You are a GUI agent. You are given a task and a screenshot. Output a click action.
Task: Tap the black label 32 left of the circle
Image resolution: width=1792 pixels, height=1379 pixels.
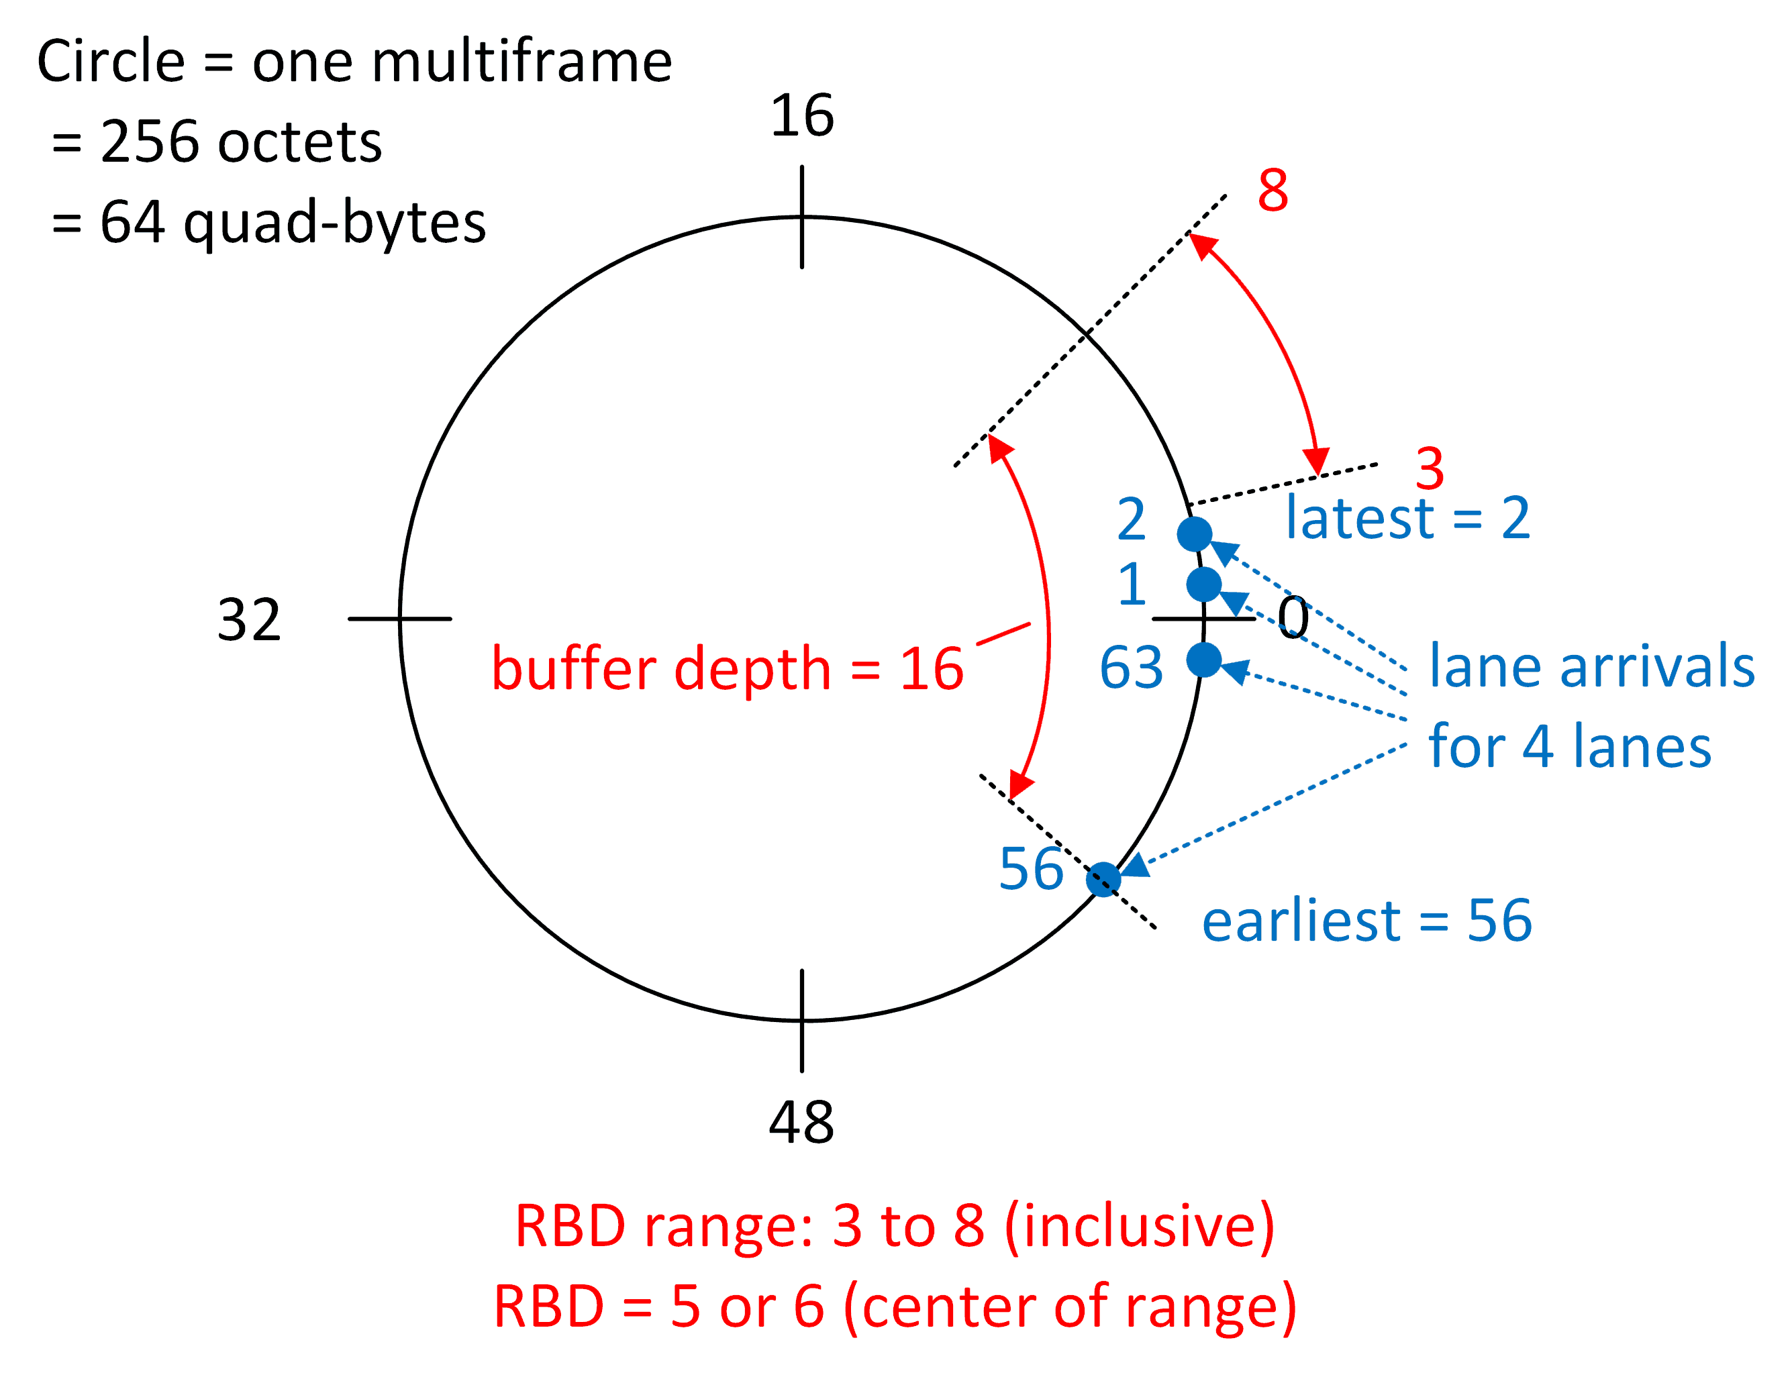(x=248, y=619)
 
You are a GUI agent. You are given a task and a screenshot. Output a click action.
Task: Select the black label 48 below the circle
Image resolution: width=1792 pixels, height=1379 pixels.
(x=801, y=1122)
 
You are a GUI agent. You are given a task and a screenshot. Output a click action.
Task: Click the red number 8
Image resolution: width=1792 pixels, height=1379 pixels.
(x=1273, y=191)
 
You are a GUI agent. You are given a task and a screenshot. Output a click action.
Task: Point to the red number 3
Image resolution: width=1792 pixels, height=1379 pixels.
(x=1430, y=468)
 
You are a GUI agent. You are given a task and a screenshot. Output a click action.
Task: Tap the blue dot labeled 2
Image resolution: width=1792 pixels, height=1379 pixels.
(x=1194, y=534)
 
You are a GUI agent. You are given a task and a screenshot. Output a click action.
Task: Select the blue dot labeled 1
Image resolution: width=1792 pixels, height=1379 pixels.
(x=1203, y=584)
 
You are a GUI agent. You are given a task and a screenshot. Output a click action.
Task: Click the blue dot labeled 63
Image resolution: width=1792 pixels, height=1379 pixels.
(x=1203, y=660)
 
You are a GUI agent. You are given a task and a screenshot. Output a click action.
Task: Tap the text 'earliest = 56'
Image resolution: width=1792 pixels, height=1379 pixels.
(x=1366, y=921)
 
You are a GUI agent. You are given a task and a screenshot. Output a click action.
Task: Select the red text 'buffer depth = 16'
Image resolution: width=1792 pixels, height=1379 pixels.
(x=727, y=668)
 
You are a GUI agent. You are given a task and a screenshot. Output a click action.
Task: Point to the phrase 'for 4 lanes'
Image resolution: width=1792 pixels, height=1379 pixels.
(x=1570, y=746)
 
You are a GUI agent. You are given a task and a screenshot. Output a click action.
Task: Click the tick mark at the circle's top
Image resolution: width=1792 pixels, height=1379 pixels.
(x=801, y=217)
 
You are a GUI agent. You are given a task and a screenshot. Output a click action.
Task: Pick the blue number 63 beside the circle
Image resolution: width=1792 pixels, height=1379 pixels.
(x=1131, y=666)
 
